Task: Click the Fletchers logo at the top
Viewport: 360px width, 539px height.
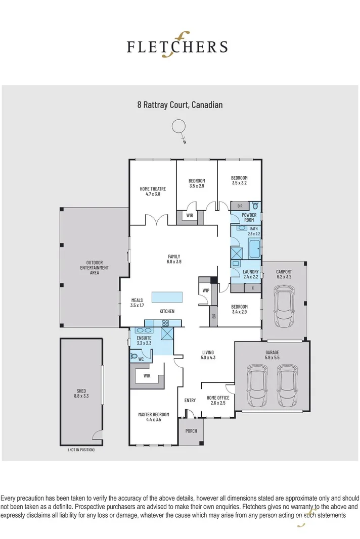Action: point(176,46)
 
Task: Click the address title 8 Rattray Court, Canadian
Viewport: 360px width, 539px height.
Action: point(180,105)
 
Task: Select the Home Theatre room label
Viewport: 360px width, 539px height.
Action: point(152,189)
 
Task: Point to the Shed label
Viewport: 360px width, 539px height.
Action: point(81,391)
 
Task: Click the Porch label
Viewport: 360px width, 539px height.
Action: point(191,431)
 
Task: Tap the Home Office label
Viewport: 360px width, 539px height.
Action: point(218,398)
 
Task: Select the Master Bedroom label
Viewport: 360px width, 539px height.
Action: point(153,414)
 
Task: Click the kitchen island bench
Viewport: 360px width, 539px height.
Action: point(166,296)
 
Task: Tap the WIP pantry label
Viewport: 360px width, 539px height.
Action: point(206,290)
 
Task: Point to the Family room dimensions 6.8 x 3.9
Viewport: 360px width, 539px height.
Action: point(174,262)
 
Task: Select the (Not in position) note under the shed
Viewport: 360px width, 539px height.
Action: point(81,450)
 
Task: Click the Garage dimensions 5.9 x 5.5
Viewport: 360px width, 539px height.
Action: point(272,358)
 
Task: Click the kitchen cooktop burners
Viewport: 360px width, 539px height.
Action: point(165,323)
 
